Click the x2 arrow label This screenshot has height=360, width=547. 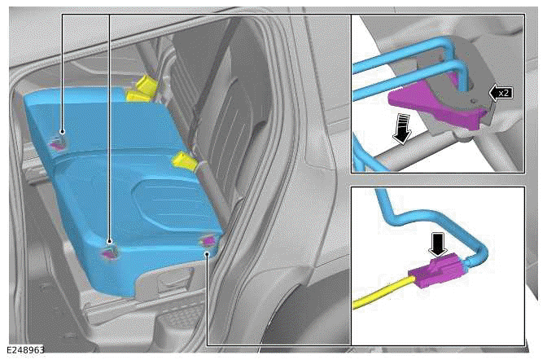pos(501,93)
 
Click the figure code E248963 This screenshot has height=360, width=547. pos(25,349)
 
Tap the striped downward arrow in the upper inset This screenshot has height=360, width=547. pos(401,130)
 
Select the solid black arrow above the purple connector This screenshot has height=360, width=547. pos(438,245)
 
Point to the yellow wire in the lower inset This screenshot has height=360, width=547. pos(383,292)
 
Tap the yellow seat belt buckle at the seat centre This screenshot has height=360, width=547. pos(186,161)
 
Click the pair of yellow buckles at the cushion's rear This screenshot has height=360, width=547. pos(142,89)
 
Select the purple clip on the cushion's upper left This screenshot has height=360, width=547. pos(56,145)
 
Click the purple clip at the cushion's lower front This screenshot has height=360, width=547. pos(108,254)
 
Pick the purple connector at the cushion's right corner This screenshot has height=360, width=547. pos(208,240)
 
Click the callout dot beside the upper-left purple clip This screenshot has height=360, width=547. pos(62,132)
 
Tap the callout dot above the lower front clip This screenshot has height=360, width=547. pos(110,241)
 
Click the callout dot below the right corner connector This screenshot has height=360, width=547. pos(208,254)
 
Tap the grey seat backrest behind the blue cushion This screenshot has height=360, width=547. pos(223,105)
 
